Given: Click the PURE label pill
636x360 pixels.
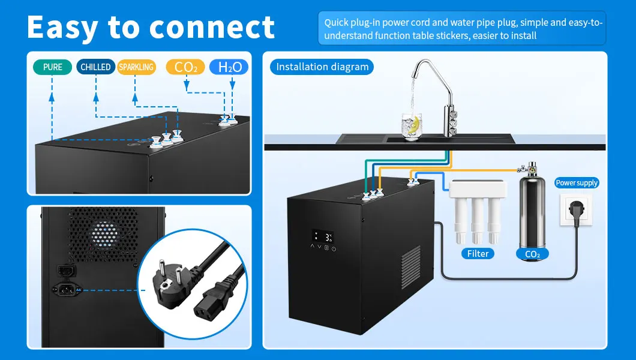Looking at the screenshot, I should [53, 67].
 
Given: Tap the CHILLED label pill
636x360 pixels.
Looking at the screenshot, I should [95, 67].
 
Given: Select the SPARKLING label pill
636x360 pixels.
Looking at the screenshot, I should [136, 67].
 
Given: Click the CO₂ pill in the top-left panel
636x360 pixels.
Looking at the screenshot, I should [185, 67].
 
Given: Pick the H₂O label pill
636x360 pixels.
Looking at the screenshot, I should [229, 67].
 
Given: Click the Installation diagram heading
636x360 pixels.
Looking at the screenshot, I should [322, 67].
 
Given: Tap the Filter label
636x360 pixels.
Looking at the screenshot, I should [478, 254].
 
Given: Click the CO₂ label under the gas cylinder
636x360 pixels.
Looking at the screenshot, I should [532, 254].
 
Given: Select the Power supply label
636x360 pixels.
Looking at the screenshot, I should [577, 183].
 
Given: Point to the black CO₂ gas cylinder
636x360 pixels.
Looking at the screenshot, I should [532, 210].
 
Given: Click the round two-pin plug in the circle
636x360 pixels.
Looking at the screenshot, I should [170, 277].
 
